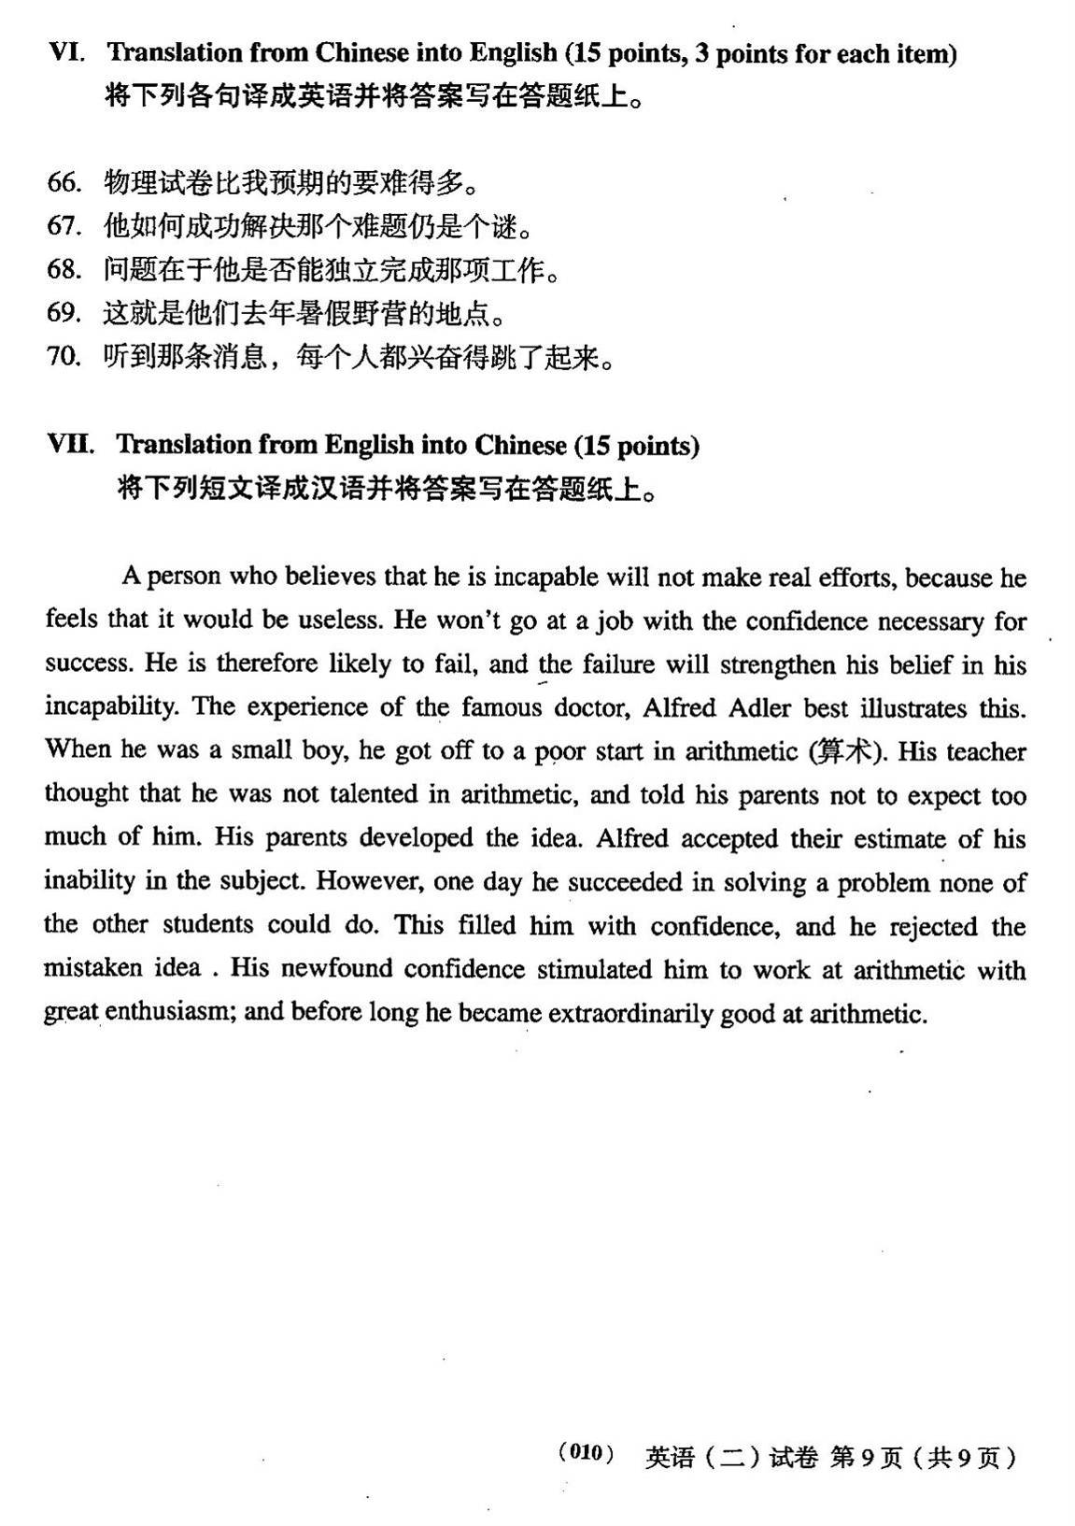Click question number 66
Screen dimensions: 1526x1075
click(x=64, y=182)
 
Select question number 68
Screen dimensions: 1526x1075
click(x=64, y=270)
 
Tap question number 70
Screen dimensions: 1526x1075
click(x=64, y=357)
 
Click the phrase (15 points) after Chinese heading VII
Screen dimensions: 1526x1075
click(x=636, y=445)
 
